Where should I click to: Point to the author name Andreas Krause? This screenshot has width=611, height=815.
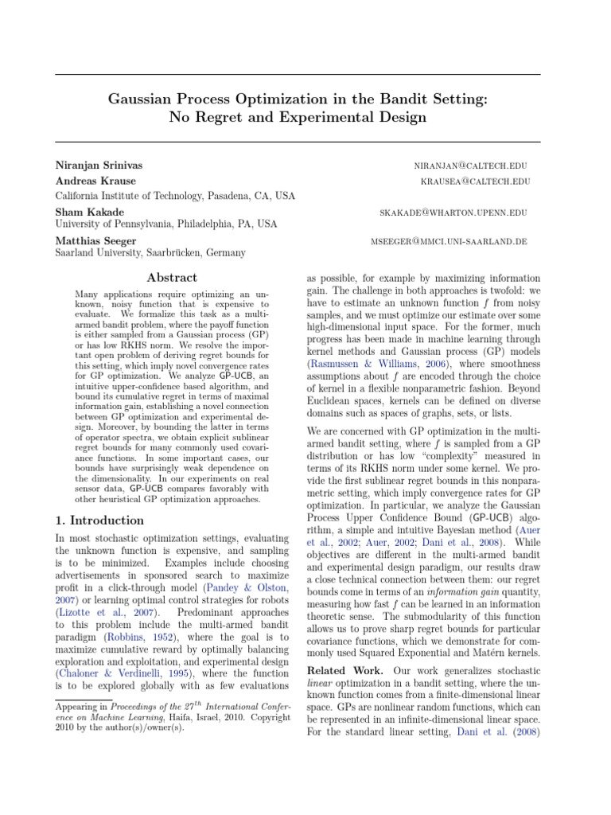click(x=95, y=181)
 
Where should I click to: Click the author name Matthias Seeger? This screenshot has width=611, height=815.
click(x=95, y=240)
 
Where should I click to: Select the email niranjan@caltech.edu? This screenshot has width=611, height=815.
click(x=470, y=166)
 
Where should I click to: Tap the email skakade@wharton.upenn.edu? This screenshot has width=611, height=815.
click(x=454, y=212)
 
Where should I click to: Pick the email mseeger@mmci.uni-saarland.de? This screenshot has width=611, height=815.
click(x=448, y=241)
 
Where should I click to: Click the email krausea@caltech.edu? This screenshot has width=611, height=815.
click(x=475, y=181)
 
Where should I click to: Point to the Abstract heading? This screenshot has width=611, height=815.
click(x=172, y=278)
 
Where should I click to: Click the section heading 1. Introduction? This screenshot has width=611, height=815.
click(x=99, y=521)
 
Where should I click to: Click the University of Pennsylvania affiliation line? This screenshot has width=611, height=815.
click(x=165, y=225)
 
